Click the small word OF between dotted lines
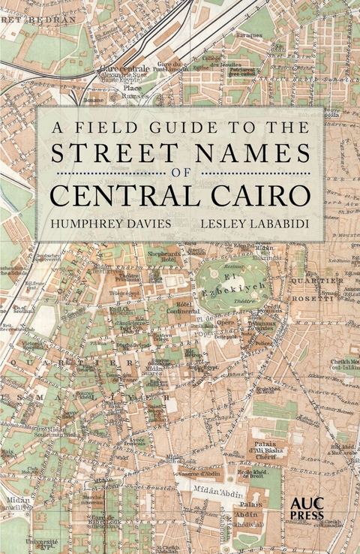pyautogui.click(x=181, y=173)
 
